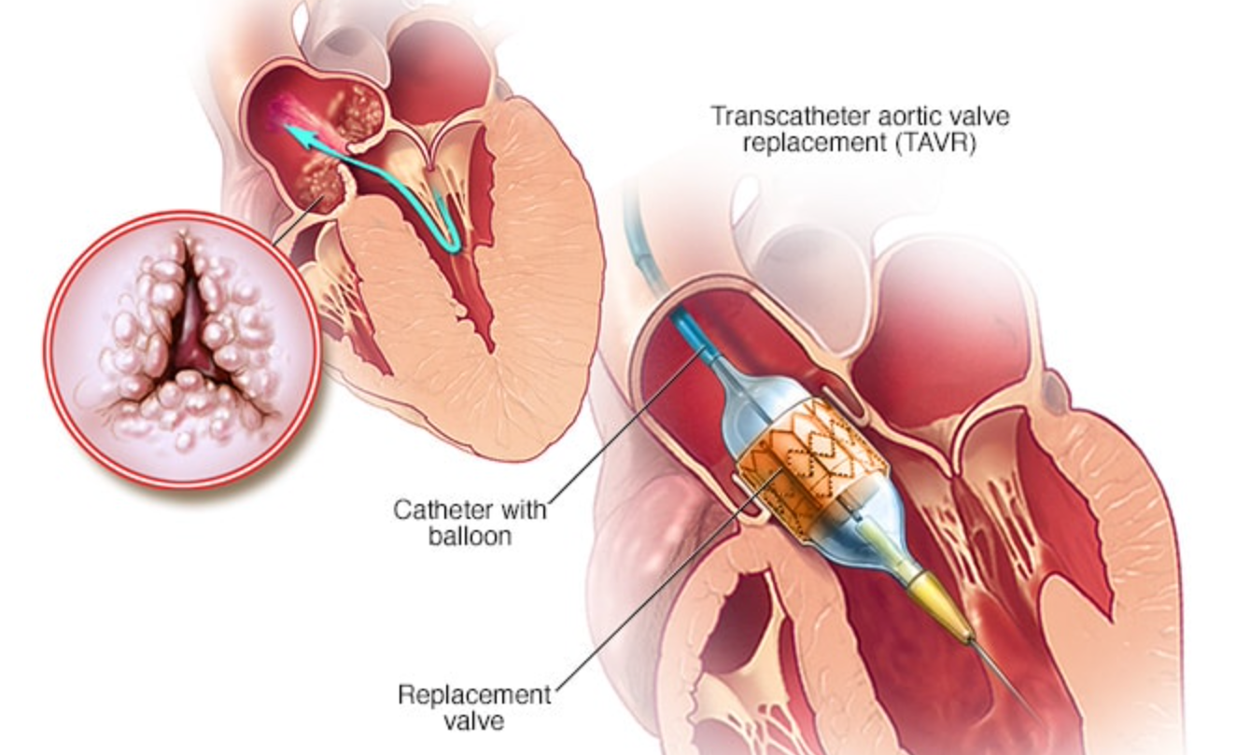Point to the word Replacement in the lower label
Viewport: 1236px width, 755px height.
[x=475, y=695]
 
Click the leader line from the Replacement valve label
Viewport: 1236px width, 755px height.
[x=653, y=597]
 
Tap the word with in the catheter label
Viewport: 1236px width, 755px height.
[x=522, y=510]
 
